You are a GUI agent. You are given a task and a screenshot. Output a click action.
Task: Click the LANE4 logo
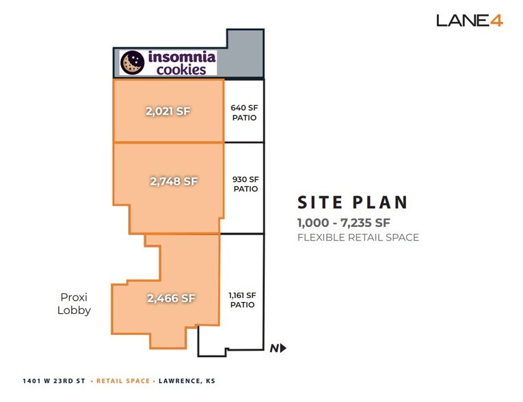[x=470, y=21]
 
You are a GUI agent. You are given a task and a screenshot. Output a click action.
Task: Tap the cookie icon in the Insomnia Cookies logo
[x=131, y=63]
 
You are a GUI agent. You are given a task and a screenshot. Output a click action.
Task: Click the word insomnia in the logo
[x=176, y=57]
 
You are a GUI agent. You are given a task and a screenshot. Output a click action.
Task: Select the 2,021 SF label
[x=167, y=111]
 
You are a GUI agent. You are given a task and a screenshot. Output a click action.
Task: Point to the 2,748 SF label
[x=174, y=181]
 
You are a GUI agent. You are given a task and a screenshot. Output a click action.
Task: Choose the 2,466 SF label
[x=171, y=298]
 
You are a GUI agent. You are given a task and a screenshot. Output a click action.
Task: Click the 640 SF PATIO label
[x=244, y=112]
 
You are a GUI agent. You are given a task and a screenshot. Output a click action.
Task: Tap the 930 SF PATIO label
[x=245, y=183]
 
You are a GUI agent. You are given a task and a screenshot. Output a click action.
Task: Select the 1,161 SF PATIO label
[x=242, y=300]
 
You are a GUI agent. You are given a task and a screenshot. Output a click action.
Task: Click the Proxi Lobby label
[x=75, y=304]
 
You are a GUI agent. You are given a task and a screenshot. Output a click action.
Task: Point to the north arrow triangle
[x=282, y=348]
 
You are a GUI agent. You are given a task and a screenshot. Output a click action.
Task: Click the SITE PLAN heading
[x=352, y=203]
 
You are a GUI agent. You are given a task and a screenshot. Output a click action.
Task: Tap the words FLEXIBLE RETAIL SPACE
[x=358, y=238]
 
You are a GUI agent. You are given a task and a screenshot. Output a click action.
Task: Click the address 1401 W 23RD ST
[x=53, y=381]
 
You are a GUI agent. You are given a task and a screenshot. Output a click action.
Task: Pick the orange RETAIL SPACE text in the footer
[x=122, y=381]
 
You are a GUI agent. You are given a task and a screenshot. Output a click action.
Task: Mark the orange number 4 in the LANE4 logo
[x=496, y=21]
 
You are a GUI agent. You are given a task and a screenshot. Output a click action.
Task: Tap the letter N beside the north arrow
[x=273, y=348]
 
